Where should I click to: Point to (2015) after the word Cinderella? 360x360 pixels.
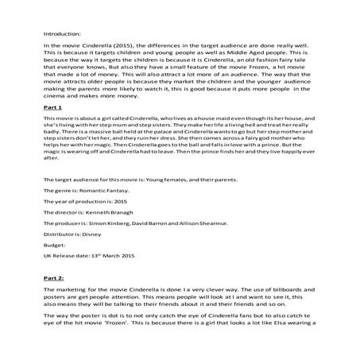132,48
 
